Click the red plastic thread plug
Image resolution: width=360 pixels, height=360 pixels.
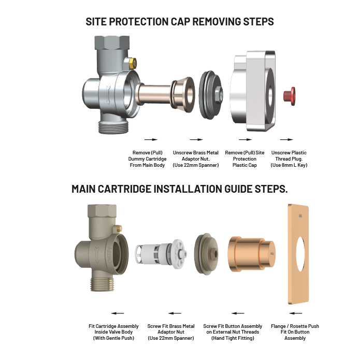tap(289, 95)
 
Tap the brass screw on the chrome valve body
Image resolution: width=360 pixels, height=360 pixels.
tap(133, 64)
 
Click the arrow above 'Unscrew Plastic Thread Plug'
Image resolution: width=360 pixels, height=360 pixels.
tap(286, 139)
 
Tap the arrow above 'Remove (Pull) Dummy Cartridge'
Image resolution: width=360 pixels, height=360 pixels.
tap(150, 139)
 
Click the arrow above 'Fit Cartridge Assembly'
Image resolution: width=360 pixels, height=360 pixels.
tap(117, 313)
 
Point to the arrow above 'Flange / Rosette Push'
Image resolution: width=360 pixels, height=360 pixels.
tap(296, 313)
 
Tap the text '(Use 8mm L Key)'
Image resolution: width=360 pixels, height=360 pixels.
tap(289, 165)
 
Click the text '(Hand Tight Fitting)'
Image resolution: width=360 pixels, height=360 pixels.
tap(233, 338)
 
